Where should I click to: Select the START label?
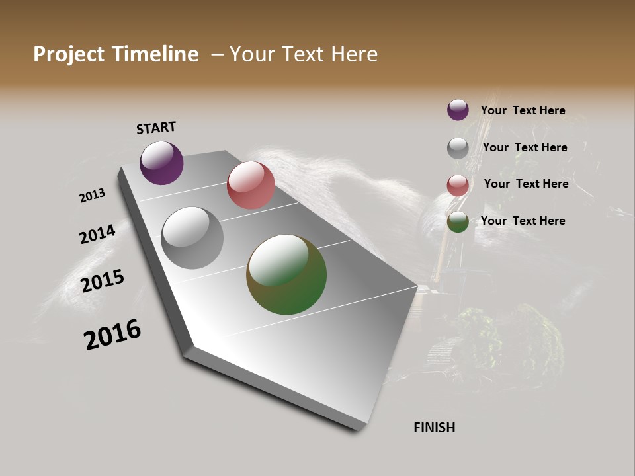[156, 128]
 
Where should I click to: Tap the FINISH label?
[435, 428]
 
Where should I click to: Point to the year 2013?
[92, 196]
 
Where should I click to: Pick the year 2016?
[112, 335]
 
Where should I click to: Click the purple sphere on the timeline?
[161, 163]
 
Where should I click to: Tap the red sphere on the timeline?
[251, 185]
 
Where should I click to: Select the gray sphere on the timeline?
[192, 238]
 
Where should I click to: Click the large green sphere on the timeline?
[286, 274]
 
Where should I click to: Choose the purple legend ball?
[458, 110]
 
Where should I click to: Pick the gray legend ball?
[458, 148]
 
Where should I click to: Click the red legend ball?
[458, 185]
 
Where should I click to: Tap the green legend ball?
[458, 221]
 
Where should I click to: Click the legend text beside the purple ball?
[523, 111]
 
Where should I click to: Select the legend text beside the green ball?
[523, 221]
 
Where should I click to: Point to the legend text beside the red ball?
[526, 184]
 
